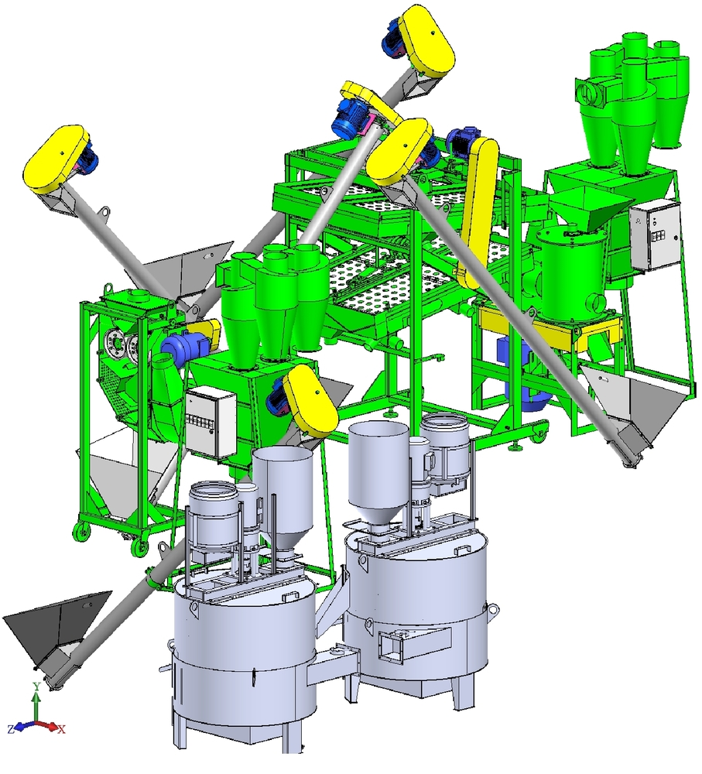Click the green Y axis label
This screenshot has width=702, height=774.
pos(36,687)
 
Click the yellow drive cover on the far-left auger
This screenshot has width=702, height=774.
pos(56,159)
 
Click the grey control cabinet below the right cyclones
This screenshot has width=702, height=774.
pos(654,238)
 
